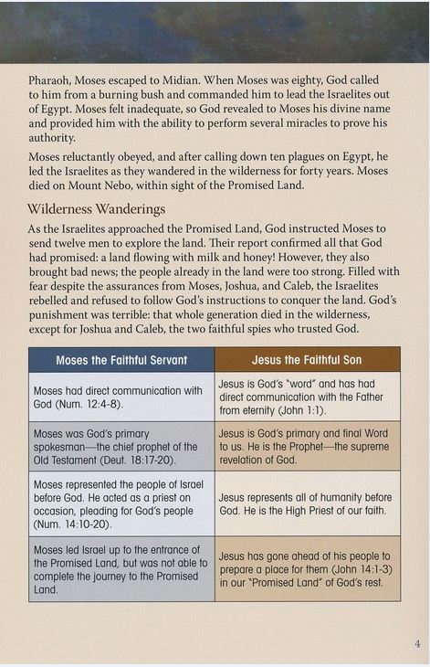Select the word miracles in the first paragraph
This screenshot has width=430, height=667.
293,123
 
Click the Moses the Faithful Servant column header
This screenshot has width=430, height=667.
121,360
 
